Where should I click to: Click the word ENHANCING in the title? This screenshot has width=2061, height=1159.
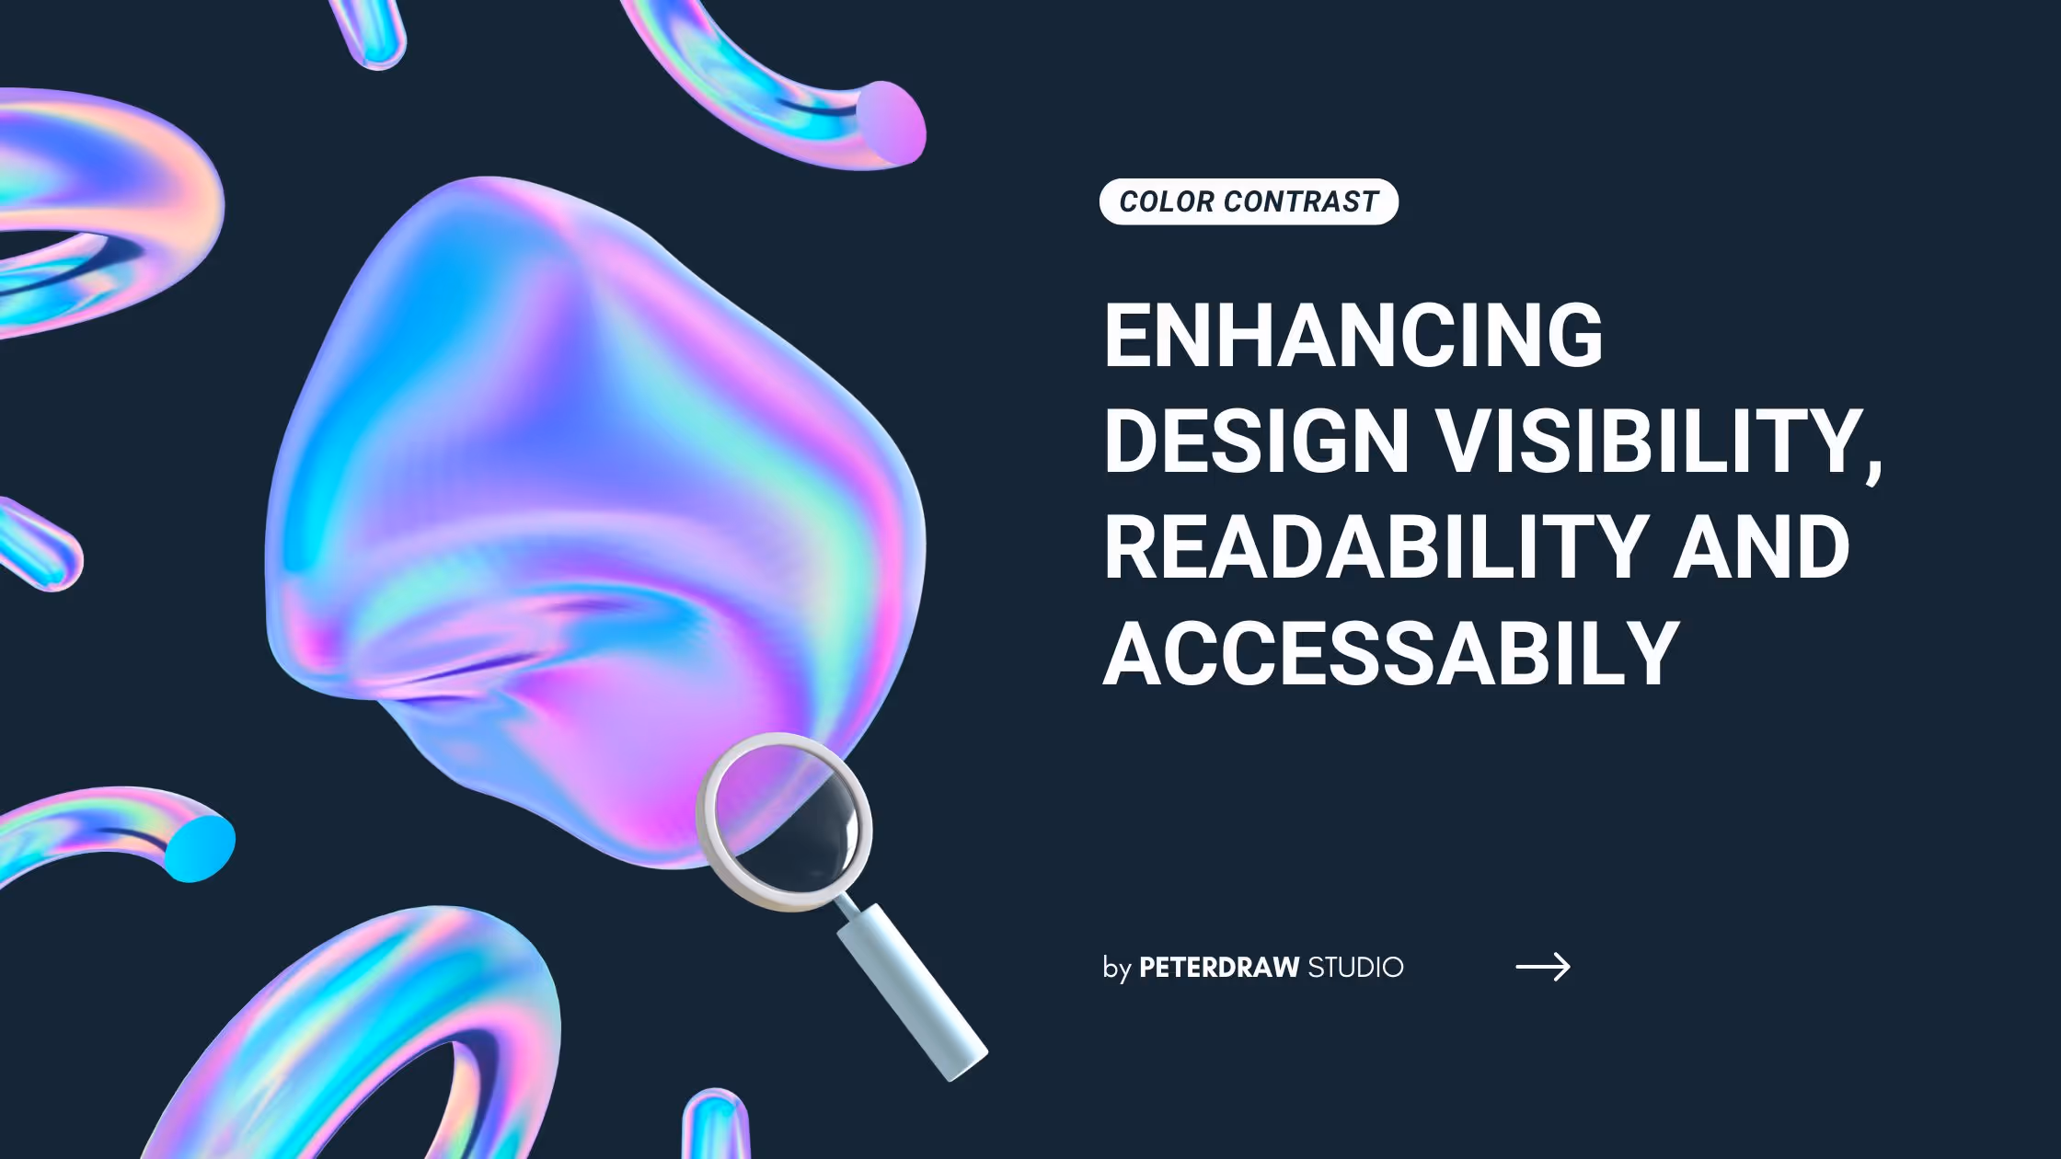click(x=1353, y=335)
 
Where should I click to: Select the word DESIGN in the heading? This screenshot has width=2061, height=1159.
click(x=1256, y=441)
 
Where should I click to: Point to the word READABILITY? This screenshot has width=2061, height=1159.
click(x=1375, y=546)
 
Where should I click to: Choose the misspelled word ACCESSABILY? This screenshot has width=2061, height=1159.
click(x=1391, y=652)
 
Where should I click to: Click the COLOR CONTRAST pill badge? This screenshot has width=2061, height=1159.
click(x=1249, y=201)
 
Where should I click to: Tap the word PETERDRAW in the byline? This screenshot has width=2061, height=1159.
click(x=1219, y=967)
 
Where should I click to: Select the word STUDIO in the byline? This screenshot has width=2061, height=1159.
click(x=1355, y=968)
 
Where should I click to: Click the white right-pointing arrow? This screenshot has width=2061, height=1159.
click(x=1543, y=966)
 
